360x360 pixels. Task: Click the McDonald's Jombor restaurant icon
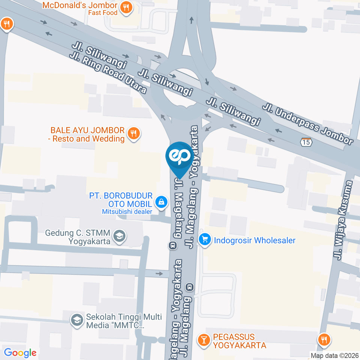coord(126,7)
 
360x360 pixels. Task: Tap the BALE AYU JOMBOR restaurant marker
coord(133,133)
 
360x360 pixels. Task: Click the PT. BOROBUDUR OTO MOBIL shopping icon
coord(161,202)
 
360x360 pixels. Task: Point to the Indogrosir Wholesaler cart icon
coord(204,239)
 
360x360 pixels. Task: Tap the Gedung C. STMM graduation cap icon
coord(120,236)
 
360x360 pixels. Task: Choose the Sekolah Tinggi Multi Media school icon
coord(77,320)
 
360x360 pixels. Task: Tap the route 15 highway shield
coord(306,142)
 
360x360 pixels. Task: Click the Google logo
coord(20,353)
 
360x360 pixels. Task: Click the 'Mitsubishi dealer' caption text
coord(127,211)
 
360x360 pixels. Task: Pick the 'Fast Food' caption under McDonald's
coord(103,13)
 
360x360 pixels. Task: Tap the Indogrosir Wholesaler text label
coord(255,240)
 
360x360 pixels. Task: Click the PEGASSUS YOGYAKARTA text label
coord(239,341)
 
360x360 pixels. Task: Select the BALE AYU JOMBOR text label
coord(88,135)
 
